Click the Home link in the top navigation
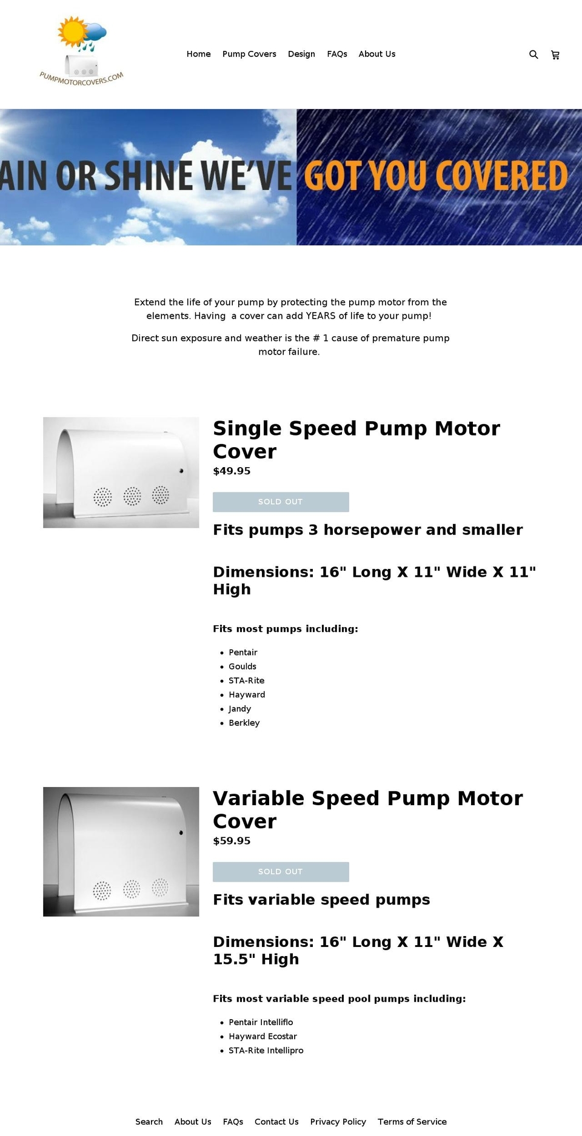click(198, 54)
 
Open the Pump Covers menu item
click(249, 54)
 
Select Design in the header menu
click(301, 54)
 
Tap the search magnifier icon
click(533, 55)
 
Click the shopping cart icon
click(555, 55)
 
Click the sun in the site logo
click(72, 32)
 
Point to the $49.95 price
click(232, 471)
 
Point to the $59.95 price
click(232, 840)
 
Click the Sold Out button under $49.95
click(281, 502)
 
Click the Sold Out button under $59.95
click(281, 871)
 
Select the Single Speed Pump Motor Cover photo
click(121, 472)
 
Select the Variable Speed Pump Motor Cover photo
click(121, 851)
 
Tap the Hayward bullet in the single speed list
click(247, 694)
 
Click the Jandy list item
click(239, 708)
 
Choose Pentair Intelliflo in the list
click(261, 1022)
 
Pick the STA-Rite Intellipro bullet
click(266, 1050)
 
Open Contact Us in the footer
click(276, 1121)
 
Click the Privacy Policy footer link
click(338, 1121)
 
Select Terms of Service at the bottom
click(412, 1121)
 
